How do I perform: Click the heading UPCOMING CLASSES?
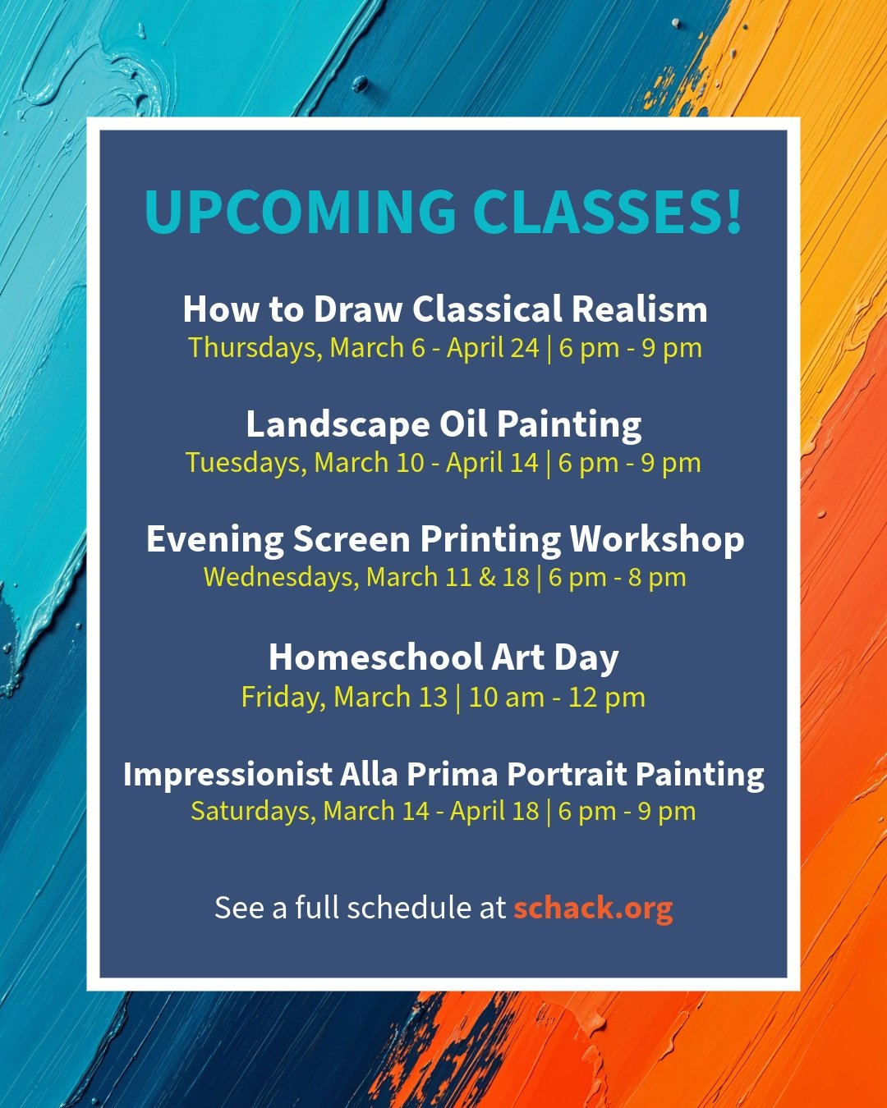[x=443, y=212]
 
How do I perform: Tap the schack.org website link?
[x=593, y=908]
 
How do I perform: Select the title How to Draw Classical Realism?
[x=444, y=309]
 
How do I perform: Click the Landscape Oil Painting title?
[x=443, y=425]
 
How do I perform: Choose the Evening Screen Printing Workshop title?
[x=444, y=540]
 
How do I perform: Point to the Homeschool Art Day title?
[x=443, y=657]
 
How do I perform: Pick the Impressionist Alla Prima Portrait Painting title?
[x=443, y=775]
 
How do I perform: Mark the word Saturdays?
[x=252, y=812]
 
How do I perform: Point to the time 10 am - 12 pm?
[x=557, y=698]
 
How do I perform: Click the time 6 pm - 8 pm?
[x=617, y=578]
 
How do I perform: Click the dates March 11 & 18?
[x=448, y=578]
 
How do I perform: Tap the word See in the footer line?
[x=239, y=908]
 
